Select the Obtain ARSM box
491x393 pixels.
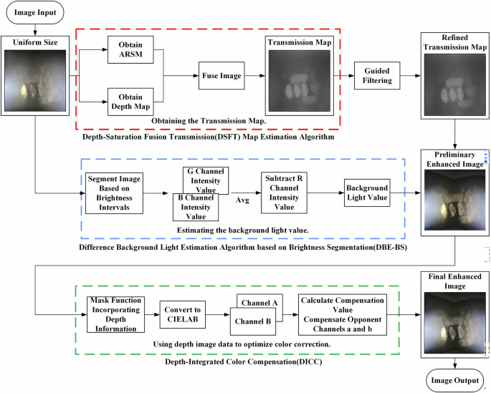(134, 51)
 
